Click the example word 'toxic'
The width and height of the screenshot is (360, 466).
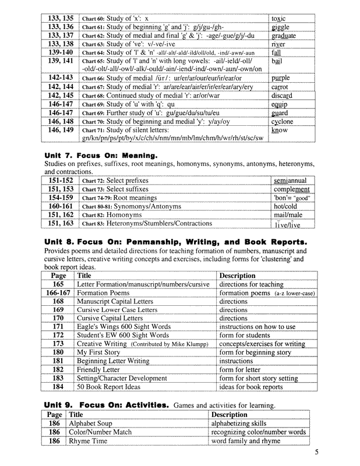(x=278, y=19)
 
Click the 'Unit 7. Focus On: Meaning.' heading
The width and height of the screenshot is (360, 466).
(x=101, y=156)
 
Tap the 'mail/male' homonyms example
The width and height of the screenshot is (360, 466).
(x=287, y=214)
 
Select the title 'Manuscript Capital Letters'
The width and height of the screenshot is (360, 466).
(x=118, y=302)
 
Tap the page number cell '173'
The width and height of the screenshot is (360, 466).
(x=58, y=344)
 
